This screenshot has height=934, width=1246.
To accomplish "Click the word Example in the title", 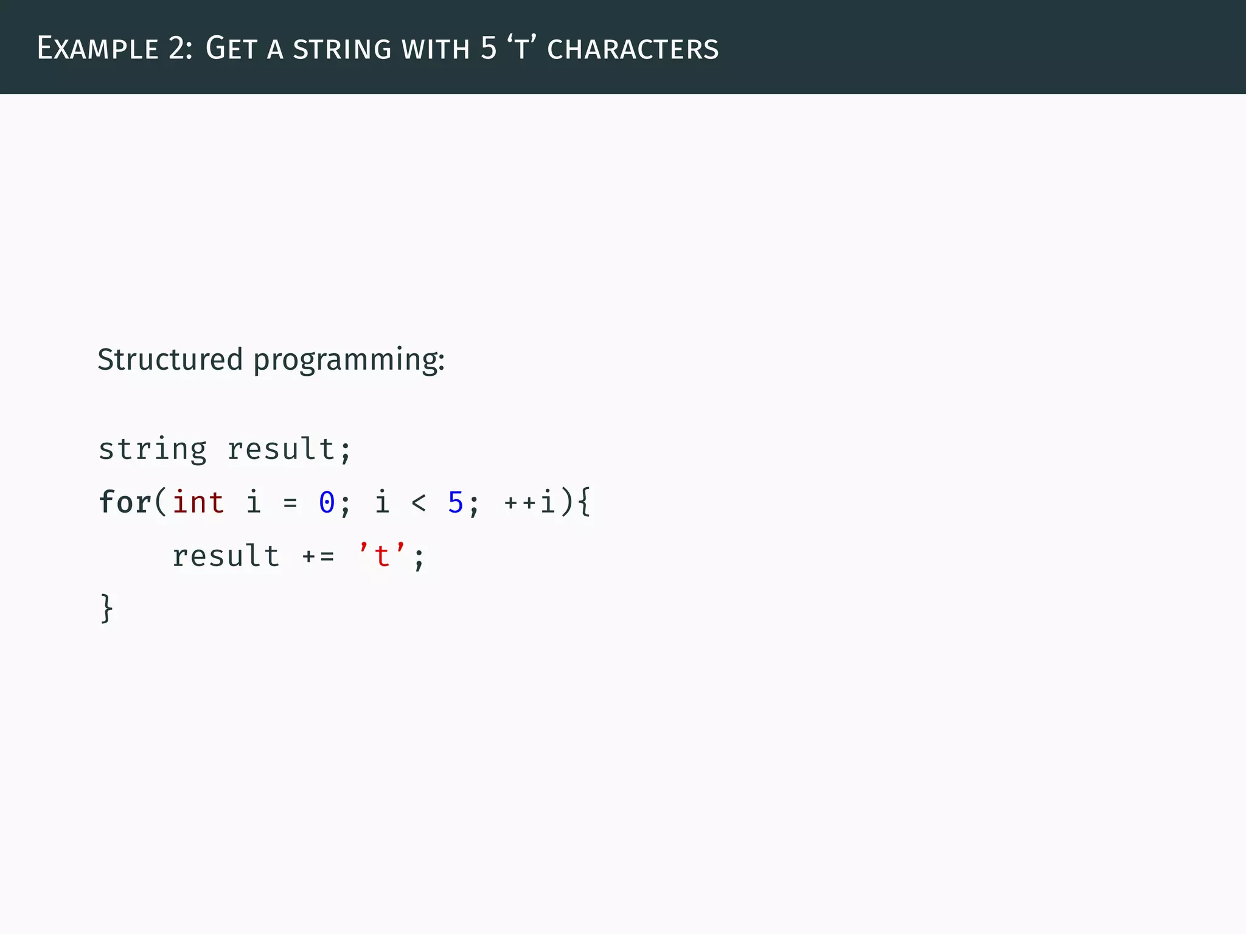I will coord(97,49).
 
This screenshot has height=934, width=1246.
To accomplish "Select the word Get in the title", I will coord(231,49).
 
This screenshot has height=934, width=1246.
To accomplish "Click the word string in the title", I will coord(342,49).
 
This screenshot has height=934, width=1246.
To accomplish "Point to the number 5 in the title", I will coord(489,49).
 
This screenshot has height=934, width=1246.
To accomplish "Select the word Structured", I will coord(170,359).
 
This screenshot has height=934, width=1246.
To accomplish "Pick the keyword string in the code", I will coord(153,450).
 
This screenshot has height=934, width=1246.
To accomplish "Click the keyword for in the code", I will coord(125,503).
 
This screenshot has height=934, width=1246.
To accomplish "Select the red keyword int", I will coord(198,503).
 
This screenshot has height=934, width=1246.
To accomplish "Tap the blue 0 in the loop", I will coord(327,503).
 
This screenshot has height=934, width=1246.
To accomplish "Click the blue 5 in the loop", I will coord(455,503).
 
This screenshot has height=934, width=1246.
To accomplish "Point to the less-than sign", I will coord(419,503).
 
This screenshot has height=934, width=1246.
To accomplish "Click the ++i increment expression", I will coord(529,503).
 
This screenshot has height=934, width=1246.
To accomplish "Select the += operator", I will coord(318,556).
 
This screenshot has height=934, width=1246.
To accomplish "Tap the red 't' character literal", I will coord(382,556).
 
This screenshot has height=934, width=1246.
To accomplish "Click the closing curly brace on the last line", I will coord(106,609).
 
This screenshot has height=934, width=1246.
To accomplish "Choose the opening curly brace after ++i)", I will coord(584,503).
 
